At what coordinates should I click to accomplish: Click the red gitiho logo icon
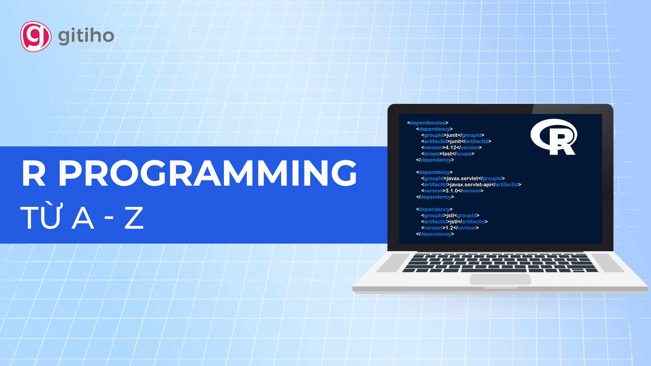click(36, 37)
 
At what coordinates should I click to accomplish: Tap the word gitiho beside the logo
click(86, 36)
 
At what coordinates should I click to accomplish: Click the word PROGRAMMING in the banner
click(208, 173)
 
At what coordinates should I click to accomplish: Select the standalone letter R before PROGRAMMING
click(34, 173)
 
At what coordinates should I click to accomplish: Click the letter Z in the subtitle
click(134, 218)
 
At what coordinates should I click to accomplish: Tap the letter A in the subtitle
click(83, 218)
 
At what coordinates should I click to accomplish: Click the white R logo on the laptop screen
click(554, 137)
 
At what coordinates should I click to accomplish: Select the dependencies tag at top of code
click(428, 123)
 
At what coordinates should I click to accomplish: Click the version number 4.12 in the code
click(451, 147)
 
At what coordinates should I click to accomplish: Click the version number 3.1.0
click(452, 191)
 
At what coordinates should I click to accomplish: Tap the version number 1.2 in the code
click(449, 228)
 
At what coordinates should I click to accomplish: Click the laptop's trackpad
click(500, 280)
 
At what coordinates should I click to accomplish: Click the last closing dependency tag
click(435, 234)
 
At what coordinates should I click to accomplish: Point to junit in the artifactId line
click(455, 142)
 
